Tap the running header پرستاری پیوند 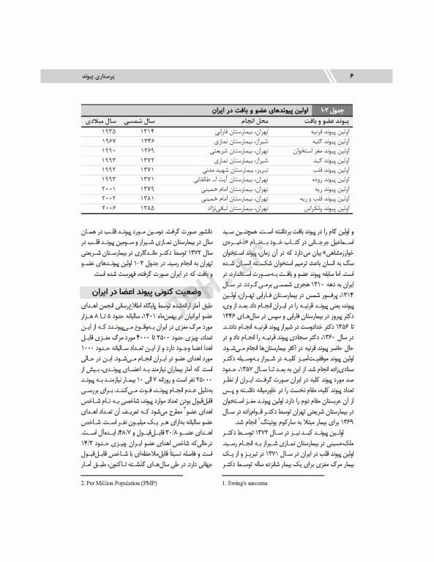[102, 76]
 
